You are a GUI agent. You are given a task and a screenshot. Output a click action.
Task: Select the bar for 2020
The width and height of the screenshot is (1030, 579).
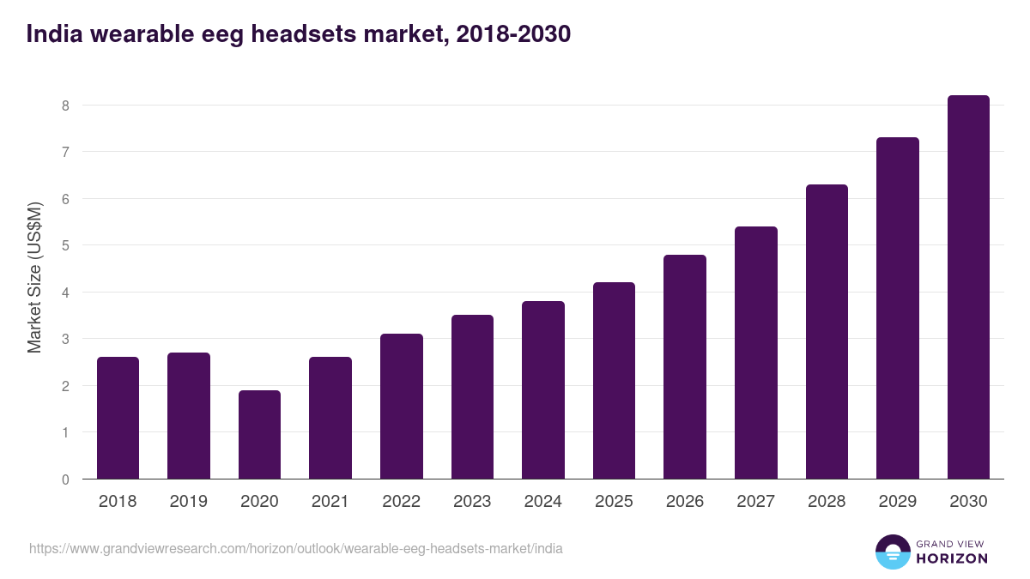pyautogui.click(x=259, y=435)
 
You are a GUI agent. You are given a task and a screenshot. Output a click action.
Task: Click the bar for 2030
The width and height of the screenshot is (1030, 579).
pyautogui.click(x=968, y=287)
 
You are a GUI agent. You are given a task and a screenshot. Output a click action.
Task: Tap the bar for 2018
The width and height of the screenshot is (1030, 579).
pyautogui.click(x=118, y=418)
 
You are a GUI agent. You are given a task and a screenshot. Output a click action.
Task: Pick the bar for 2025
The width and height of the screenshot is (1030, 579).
pyautogui.click(x=614, y=381)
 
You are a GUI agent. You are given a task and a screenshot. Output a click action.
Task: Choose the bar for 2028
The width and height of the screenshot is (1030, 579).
pyautogui.click(x=827, y=332)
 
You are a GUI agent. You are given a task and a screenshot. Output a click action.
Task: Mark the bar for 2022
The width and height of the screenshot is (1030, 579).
pyautogui.click(x=402, y=407)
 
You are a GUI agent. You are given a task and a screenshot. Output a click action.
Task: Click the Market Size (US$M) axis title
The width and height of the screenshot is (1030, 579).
pyautogui.click(x=34, y=277)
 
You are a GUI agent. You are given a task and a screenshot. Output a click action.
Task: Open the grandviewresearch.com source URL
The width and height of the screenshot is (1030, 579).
pyautogui.click(x=296, y=548)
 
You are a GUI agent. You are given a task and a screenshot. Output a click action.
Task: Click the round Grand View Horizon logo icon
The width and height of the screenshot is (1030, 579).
pyautogui.click(x=893, y=552)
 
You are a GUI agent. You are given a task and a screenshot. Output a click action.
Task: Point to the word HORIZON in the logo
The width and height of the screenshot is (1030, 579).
pyautogui.click(x=952, y=558)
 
